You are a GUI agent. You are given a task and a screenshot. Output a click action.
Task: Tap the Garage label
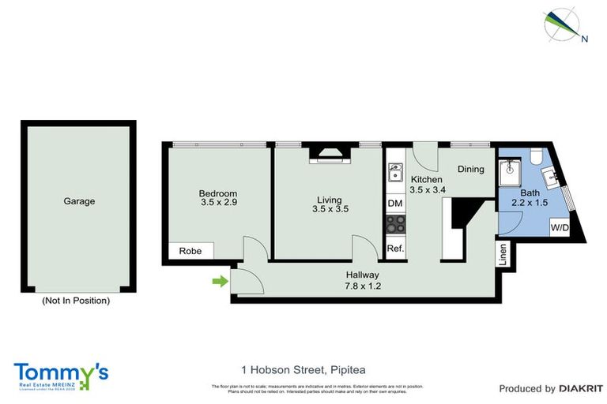(79, 201)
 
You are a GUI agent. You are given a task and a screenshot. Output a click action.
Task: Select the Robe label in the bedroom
(190, 252)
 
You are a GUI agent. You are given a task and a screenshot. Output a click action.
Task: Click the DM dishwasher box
(395, 204)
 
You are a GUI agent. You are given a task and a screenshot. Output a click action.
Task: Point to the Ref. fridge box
(395, 249)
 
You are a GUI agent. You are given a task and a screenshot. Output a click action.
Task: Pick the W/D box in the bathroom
(560, 227)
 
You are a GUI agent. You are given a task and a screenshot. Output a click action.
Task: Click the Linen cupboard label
(502, 253)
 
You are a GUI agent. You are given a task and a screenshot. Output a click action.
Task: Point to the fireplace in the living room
(329, 153)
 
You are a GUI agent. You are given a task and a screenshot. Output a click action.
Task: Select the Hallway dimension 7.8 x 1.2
(363, 286)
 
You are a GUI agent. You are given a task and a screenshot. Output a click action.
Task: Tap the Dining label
(470, 169)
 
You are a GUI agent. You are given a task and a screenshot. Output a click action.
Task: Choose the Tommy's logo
(61, 375)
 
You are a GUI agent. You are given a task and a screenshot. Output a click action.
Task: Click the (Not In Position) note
(76, 301)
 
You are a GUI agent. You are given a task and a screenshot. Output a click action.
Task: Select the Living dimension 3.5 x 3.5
(330, 209)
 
